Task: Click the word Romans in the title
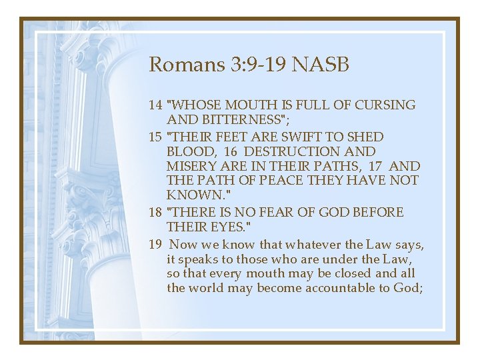[x=178, y=65]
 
